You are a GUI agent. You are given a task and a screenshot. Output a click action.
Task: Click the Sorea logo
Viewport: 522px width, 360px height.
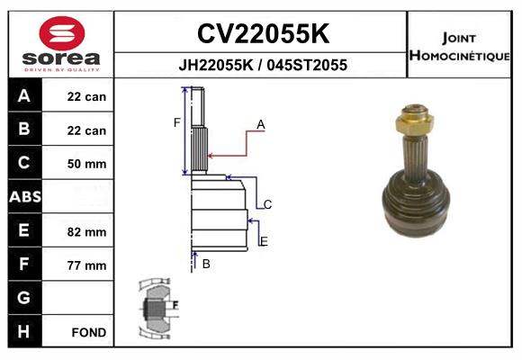pos(61,45)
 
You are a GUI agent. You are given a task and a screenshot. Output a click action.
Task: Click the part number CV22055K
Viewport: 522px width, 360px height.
pos(262,34)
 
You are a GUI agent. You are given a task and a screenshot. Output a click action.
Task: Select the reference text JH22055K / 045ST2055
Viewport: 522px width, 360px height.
pos(262,65)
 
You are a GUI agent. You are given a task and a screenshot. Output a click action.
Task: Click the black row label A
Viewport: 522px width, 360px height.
pos(24,96)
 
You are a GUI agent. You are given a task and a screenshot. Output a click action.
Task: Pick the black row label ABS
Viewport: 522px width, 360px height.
pos(24,196)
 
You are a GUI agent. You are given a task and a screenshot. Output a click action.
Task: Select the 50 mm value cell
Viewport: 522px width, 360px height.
pos(87,164)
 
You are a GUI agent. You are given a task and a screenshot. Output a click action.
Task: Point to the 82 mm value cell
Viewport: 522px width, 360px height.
pos(87,231)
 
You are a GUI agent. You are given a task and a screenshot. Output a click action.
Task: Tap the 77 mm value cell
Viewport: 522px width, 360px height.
pos(87,265)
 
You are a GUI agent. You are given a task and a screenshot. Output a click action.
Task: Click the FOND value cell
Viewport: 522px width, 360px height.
pos(89,332)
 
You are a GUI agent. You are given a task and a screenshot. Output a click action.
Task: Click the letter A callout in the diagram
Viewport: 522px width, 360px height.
pos(260,125)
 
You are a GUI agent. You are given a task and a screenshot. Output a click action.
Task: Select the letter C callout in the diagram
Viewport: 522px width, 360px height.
pos(267,204)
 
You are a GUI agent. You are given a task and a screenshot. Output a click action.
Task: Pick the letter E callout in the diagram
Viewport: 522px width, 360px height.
pos(264,241)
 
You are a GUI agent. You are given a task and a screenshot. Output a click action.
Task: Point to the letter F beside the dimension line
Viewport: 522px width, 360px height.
pos(177,122)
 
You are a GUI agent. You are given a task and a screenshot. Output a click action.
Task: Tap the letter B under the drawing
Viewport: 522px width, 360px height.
pos(206,264)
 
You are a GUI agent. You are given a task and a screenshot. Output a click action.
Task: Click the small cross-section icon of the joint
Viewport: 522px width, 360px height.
pos(158,307)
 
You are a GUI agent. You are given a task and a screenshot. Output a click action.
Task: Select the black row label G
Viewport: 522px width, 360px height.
pos(24,297)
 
